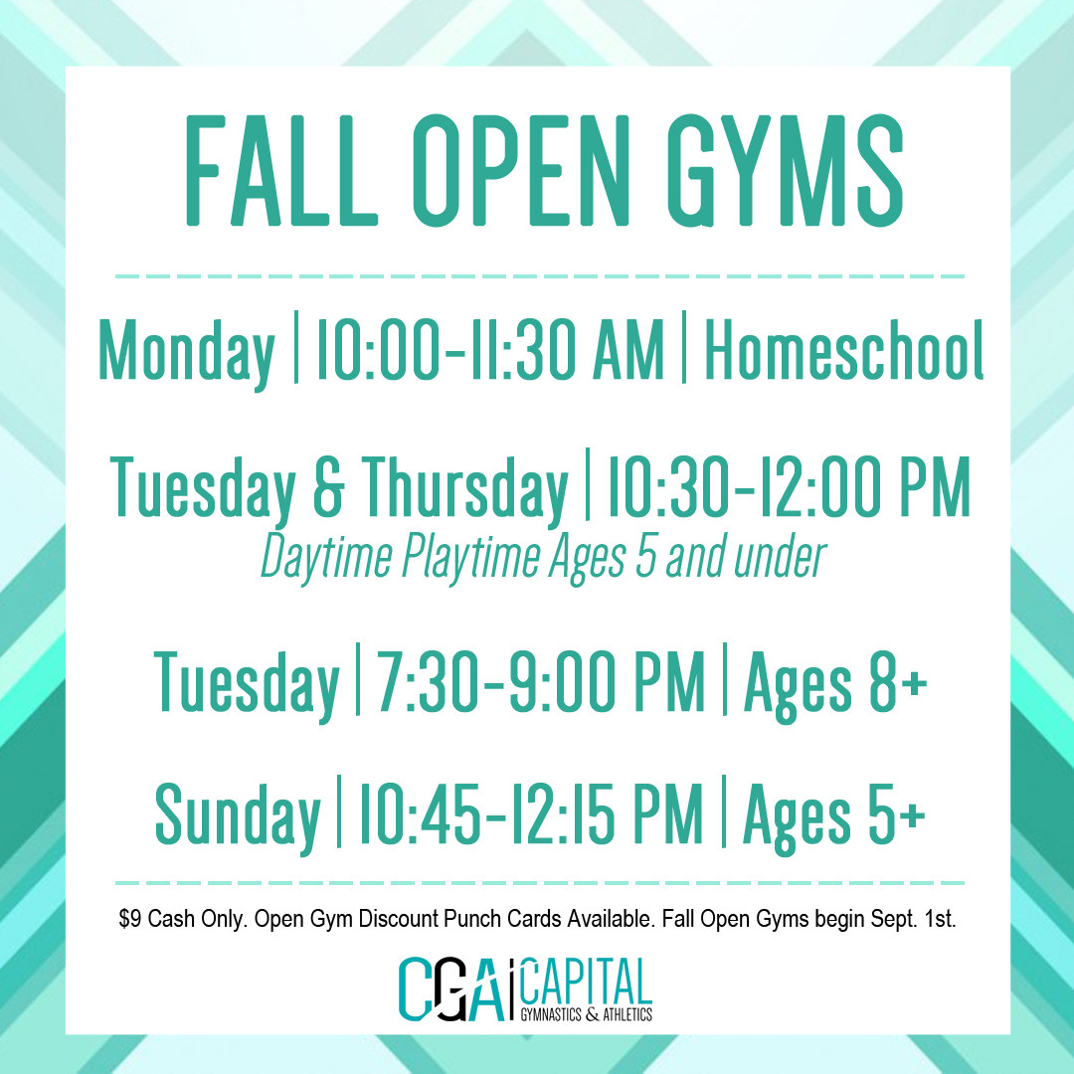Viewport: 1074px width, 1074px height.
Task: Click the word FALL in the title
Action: click(281, 171)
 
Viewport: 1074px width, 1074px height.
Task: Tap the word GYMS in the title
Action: click(786, 171)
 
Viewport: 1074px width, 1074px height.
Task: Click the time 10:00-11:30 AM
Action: click(489, 349)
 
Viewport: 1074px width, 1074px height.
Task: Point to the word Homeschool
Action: click(844, 349)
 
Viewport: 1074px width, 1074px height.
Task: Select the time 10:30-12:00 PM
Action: click(789, 486)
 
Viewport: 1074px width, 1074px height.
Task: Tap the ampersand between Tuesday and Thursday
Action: click(328, 487)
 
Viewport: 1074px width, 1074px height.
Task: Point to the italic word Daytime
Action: click(326, 558)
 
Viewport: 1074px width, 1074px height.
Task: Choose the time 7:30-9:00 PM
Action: click(541, 681)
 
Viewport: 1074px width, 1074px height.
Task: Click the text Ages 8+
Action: click(836, 683)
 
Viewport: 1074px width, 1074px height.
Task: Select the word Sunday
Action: click(238, 816)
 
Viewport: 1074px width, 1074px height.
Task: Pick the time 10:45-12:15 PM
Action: click(531, 813)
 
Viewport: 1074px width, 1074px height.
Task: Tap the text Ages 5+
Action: click(834, 815)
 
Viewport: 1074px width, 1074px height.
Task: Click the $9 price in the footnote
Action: click(130, 919)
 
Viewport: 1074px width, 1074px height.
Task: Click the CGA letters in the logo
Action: click(454, 989)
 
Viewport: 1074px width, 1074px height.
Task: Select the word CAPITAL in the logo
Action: click(587, 983)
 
